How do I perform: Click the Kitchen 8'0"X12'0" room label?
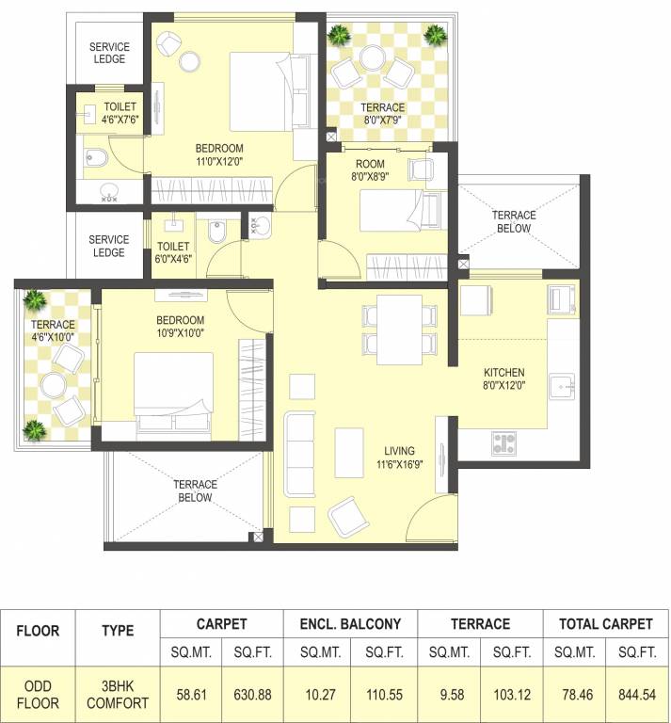(x=503, y=378)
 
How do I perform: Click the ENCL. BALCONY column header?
(x=350, y=623)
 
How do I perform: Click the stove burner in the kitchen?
(x=503, y=442)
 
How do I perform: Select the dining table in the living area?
(x=399, y=329)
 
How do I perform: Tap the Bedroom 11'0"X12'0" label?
(x=219, y=154)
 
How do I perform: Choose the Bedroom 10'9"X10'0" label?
(x=180, y=326)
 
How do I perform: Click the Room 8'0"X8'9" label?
(x=370, y=169)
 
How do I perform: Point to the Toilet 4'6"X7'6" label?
(x=120, y=113)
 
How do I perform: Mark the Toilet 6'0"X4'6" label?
(x=173, y=251)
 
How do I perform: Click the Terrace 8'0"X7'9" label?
(x=384, y=114)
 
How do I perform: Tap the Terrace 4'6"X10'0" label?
(x=53, y=331)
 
